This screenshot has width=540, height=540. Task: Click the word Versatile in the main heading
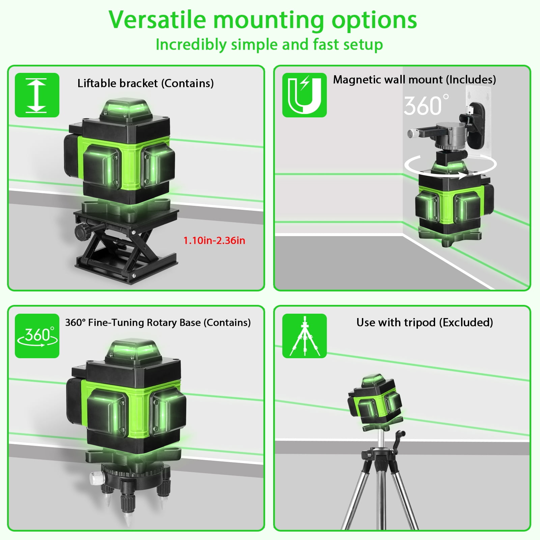[x=157, y=20]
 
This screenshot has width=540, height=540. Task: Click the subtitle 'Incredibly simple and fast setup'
[x=269, y=45]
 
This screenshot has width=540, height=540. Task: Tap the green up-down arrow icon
[x=37, y=95]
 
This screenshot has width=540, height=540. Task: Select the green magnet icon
[x=305, y=95]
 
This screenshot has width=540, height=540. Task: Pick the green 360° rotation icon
[x=37, y=336]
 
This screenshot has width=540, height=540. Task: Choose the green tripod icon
[x=305, y=336]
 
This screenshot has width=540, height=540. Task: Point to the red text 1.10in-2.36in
[x=214, y=240]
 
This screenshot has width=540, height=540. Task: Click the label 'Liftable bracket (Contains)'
[x=146, y=83]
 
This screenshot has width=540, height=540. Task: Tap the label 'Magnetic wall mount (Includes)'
[x=415, y=80]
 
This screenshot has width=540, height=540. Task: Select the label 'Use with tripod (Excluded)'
[x=425, y=322]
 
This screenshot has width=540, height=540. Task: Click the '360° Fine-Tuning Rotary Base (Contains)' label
[x=158, y=322]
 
